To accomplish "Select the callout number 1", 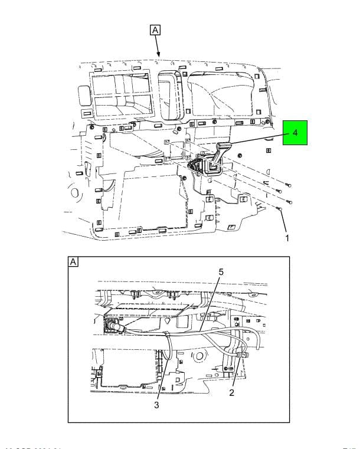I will pos(287,238).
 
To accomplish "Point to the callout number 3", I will pos(157,405).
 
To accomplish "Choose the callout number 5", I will pos(221,273).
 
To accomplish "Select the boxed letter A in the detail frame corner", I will pos(74,262).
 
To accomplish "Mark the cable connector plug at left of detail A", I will pos(112,326).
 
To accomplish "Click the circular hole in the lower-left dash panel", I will pos(75,192).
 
